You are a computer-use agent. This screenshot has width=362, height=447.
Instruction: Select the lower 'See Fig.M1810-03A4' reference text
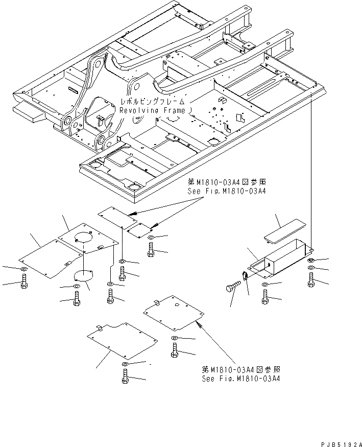click(240, 379)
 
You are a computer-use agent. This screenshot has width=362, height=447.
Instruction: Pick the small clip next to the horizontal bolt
click(245, 277)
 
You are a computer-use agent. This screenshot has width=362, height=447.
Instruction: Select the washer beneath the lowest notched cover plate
click(125, 363)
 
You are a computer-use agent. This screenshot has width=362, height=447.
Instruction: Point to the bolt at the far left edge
click(23, 282)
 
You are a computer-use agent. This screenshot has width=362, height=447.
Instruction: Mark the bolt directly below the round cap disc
click(76, 300)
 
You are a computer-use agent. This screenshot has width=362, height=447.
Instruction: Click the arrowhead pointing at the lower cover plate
click(199, 324)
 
